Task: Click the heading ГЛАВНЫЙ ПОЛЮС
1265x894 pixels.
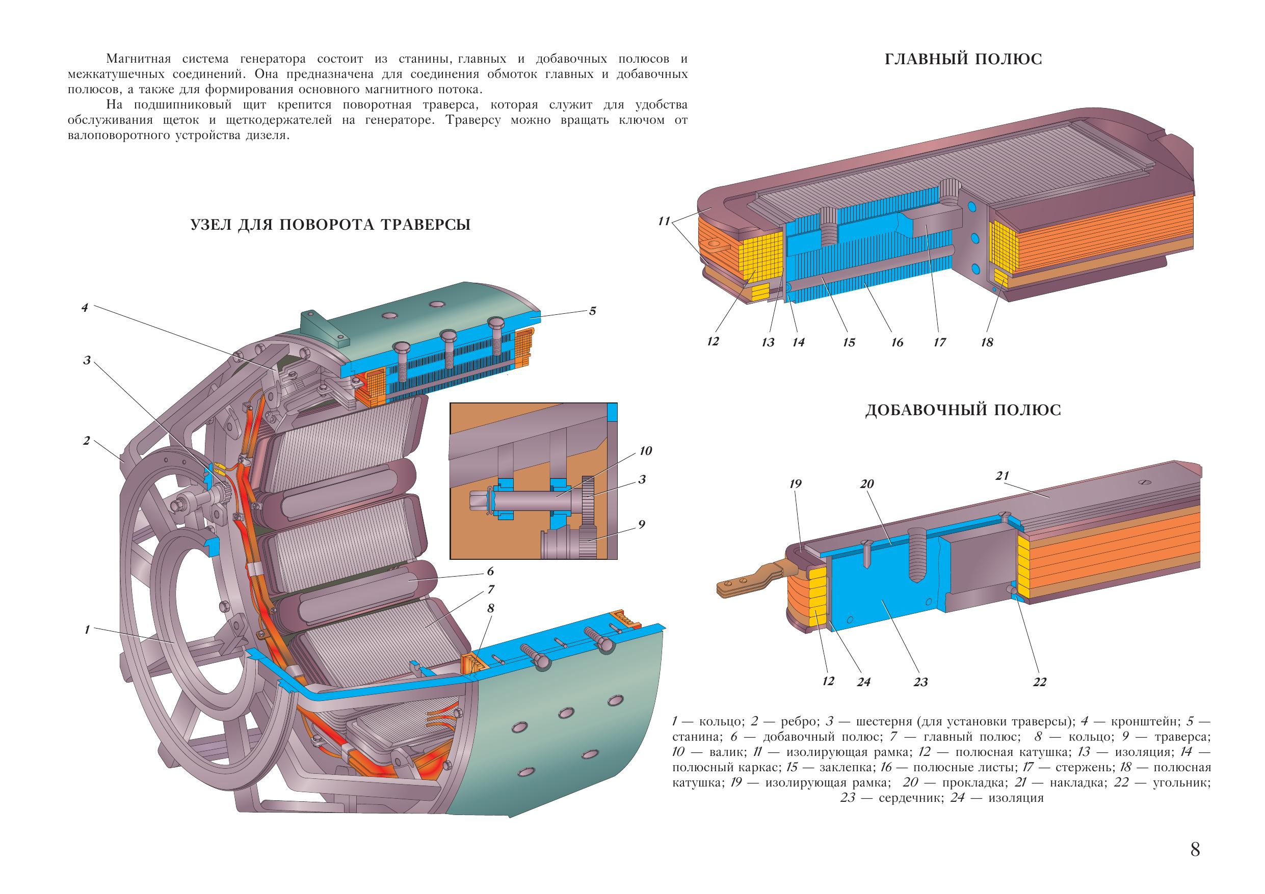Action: click(x=963, y=60)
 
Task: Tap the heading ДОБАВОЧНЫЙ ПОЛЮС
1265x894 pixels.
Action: click(x=963, y=411)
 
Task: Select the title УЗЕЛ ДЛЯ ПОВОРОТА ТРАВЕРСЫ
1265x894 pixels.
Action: click(x=330, y=225)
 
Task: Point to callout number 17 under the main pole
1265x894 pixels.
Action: click(x=939, y=342)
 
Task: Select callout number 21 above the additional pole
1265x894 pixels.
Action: click(x=1002, y=476)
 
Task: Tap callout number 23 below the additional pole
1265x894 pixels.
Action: click(x=920, y=683)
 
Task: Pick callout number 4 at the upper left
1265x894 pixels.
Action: click(x=85, y=307)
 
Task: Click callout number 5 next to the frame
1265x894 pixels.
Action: click(x=592, y=311)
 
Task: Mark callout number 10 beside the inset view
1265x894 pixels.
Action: click(x=645, y=451)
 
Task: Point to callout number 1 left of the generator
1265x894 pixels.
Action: click(x=87, y=630)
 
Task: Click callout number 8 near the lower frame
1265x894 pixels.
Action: click(x=490, y=608)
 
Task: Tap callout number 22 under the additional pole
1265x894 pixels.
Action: click(x=1039, y=683)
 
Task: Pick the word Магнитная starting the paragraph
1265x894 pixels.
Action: click(x=139, y=59)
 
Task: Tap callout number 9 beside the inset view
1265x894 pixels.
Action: click(x=641, y=524)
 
